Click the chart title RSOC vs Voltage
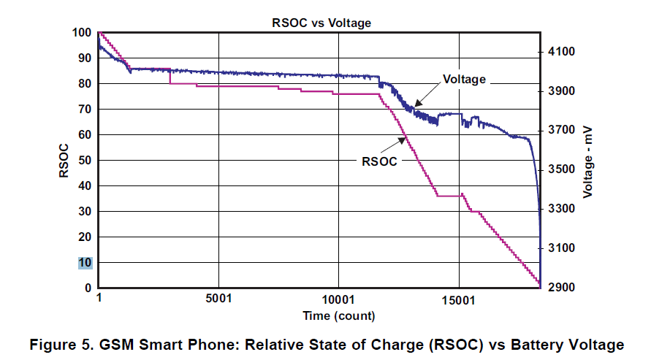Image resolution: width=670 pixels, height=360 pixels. (321, 23)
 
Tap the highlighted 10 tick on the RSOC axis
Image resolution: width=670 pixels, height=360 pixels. (85, 263)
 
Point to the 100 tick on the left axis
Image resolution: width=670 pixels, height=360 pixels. (83, 33)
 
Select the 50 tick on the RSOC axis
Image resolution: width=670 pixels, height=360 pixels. (85, 161)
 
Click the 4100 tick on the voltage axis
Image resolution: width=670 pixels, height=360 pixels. (558, 52)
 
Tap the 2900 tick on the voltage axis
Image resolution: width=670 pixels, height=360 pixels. (558, 288)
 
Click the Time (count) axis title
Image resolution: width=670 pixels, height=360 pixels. (338, 316)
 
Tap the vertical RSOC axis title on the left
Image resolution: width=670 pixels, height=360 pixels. (64, 161)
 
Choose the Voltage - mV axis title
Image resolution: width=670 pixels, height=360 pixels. (588, 161)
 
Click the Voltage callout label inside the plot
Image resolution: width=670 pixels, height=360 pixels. (464, 80)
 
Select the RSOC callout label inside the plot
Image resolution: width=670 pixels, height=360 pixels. (380, 161)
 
